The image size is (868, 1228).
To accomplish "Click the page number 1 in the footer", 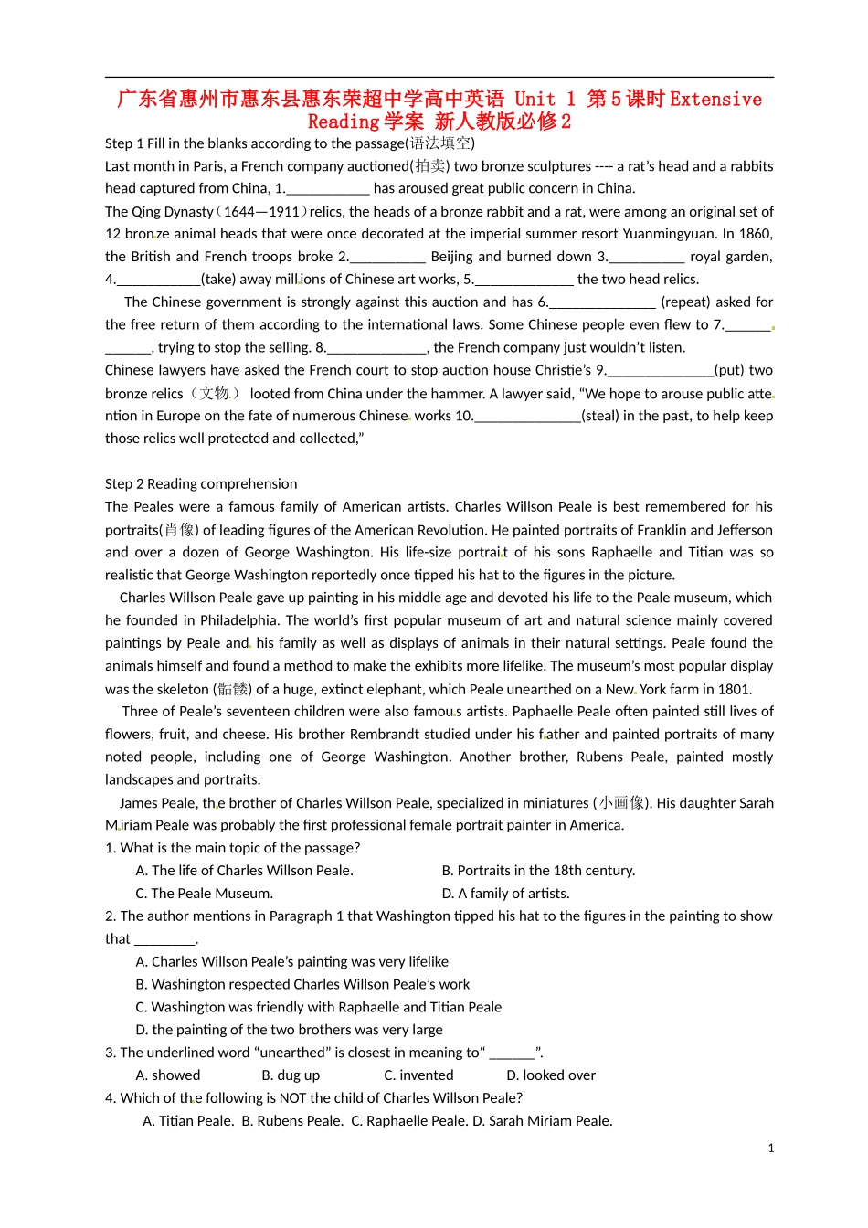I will (771, 1149).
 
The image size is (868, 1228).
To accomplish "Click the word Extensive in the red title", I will (715, 100).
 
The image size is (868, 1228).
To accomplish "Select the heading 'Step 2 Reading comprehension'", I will (201, 484).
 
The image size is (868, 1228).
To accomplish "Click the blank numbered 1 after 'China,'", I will (328, 189).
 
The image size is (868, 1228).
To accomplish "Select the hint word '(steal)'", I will (599, 416).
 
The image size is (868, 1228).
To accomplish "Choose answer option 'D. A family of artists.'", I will (505, 894).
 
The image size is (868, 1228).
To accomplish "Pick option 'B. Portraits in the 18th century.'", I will (538, 871).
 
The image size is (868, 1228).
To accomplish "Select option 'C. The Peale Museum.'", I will (204, 894).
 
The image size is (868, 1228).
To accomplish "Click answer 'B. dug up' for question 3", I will (291, 1075).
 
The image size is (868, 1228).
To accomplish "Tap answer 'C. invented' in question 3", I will (418, 1075).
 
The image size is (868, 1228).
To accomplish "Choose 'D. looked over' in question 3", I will (551, 1075).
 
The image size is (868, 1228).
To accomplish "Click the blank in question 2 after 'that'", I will (165, 939).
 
